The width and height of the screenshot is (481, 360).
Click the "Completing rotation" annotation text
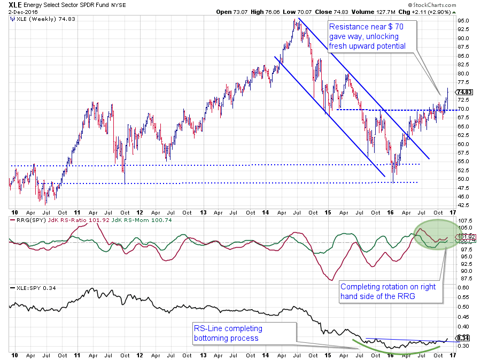(388, 292)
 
